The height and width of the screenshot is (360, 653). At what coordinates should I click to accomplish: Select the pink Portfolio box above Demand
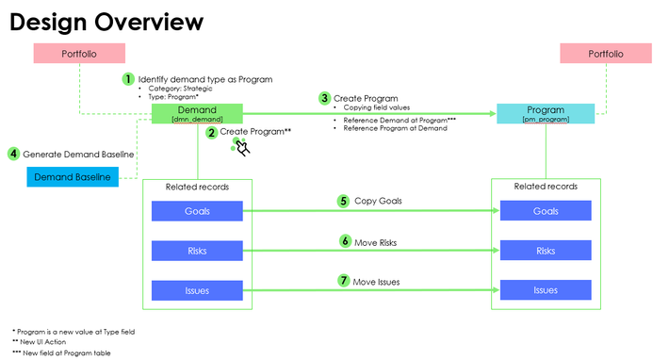(79, 55)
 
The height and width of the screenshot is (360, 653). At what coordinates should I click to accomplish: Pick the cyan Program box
(545, 114)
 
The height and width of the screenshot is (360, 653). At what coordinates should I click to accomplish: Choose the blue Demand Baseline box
(73, 177)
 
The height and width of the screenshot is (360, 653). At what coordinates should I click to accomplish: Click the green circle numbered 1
(128, 79)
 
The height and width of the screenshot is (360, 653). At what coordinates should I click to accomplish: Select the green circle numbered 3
(325, 97)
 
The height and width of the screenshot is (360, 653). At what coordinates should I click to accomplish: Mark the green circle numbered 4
(13, 154)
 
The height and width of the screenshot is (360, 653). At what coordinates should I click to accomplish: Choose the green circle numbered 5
(344, 201)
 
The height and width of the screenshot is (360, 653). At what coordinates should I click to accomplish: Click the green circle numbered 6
(344, 241)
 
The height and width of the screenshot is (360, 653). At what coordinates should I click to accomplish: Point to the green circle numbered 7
(344, 280)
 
